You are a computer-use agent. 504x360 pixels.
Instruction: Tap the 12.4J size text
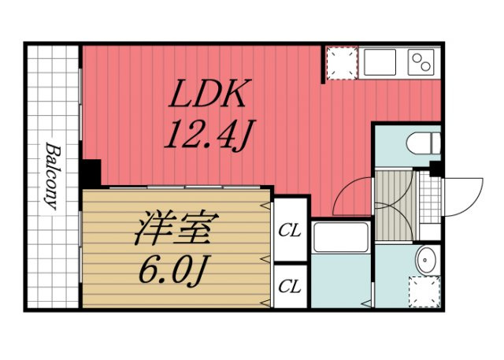click(x=207, y=136)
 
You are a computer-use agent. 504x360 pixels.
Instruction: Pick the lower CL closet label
click(x=291, y=286)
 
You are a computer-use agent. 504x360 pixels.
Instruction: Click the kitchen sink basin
click(x=380, y=61)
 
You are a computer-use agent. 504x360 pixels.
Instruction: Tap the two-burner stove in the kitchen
click(x=421, y=61)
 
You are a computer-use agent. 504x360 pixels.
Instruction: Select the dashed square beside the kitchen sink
click(x=342, y=64)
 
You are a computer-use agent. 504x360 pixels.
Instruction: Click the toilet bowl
click(x=421, y=143)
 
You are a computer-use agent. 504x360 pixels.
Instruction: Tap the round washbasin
click(x=427, y=259)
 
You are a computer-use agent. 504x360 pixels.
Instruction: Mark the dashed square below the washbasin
click(x=425, y=291)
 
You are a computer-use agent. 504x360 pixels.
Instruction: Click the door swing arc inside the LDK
click(x=350, y=197)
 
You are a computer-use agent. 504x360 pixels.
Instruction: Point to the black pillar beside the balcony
click(x=91, y=173)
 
